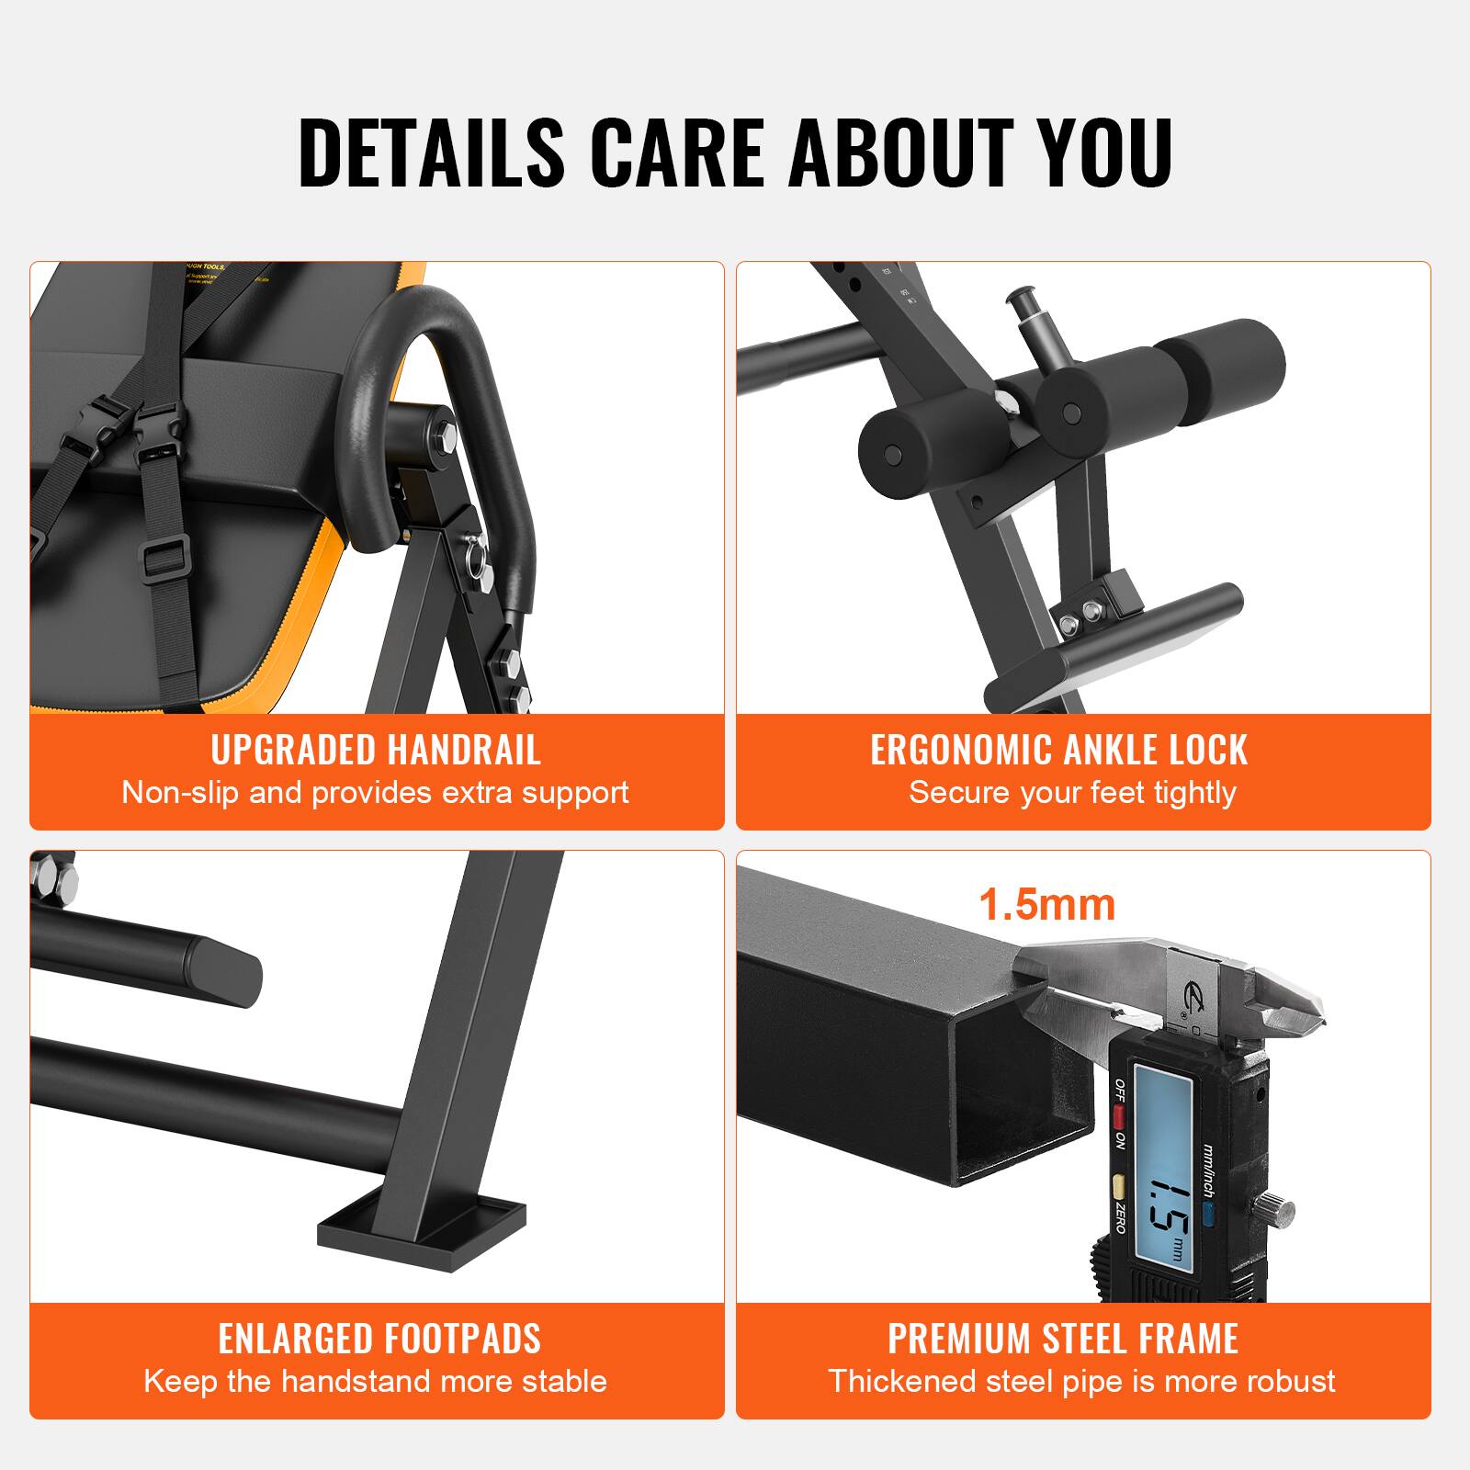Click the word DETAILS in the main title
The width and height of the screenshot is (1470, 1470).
click(431, 153)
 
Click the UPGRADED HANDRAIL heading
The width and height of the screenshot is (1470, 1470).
click(376, 751)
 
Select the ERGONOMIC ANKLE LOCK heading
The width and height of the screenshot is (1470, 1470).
click(1058, 751)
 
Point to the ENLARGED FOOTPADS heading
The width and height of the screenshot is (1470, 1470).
click(379, 1339)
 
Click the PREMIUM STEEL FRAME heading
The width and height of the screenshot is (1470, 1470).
click(1063, 1339)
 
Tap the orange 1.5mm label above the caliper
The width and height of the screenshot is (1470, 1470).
click(1046, 905)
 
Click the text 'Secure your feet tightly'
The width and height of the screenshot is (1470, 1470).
click(1072, 792)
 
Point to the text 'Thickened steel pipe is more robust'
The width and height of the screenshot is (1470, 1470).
click(1081, 1381)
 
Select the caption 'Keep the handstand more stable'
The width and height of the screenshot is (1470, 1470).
click(375, 1381)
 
